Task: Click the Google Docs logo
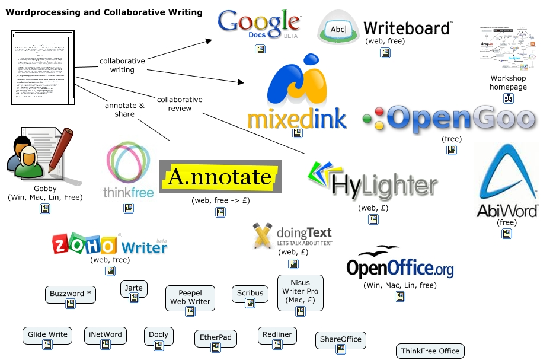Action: coord(259,24)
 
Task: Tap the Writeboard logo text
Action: coord(408,27)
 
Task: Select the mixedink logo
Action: coord(297,95)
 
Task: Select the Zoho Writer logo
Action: coord(110,244)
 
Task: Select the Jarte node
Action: coord(134,289)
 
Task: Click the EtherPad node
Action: coord(215,339)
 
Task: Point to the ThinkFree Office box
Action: coord(430,351)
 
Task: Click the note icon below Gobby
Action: coord(45,209)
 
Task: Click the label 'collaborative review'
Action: coord(180,104)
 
